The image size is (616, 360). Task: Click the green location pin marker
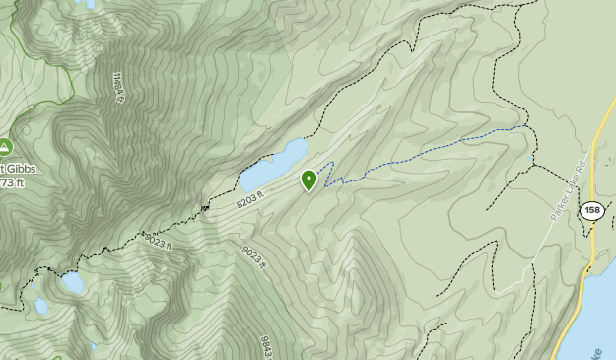click(309, 180)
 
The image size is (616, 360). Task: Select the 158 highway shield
click(591, 210)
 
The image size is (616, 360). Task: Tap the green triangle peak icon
click(5, 148)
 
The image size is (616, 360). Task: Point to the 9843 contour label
click(266, 345)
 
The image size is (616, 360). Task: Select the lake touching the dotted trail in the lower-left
click(72, 283)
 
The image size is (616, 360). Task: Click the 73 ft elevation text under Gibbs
click(12, 182)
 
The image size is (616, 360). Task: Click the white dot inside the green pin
click(309, 179)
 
